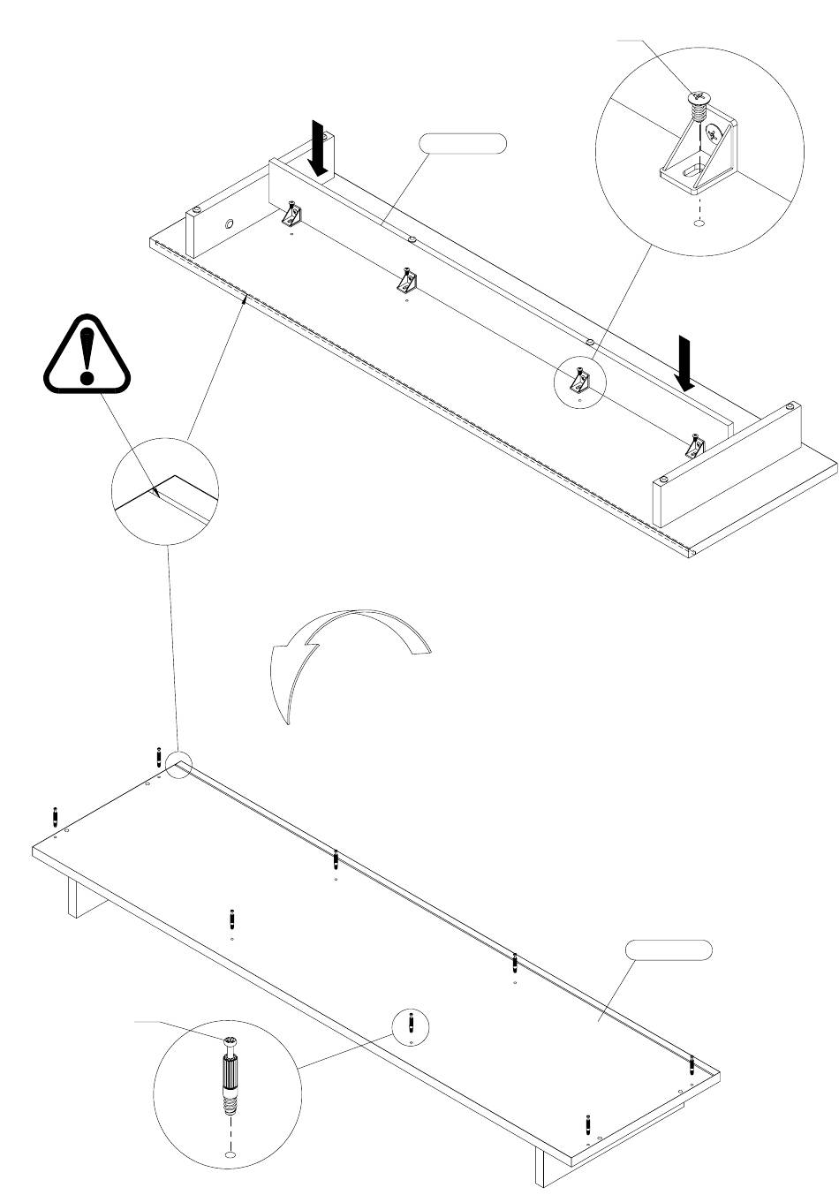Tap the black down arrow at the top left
pyautogui.click(x=319, y=147)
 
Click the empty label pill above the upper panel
pyautogui.click(x=464, y=144)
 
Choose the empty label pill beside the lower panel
pyautogui.click(x=669, y=950)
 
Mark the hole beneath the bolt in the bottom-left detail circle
pyautogui.click(x=230, y=1154)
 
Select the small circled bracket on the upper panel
pyautogui.click(x=579, y=381)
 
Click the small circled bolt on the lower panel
pyautogui.click(x=412, y=1025)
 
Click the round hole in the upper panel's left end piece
pyautogui.click(x=229, y=225)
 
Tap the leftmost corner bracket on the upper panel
pyautogui.click(x=291, y=216)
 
